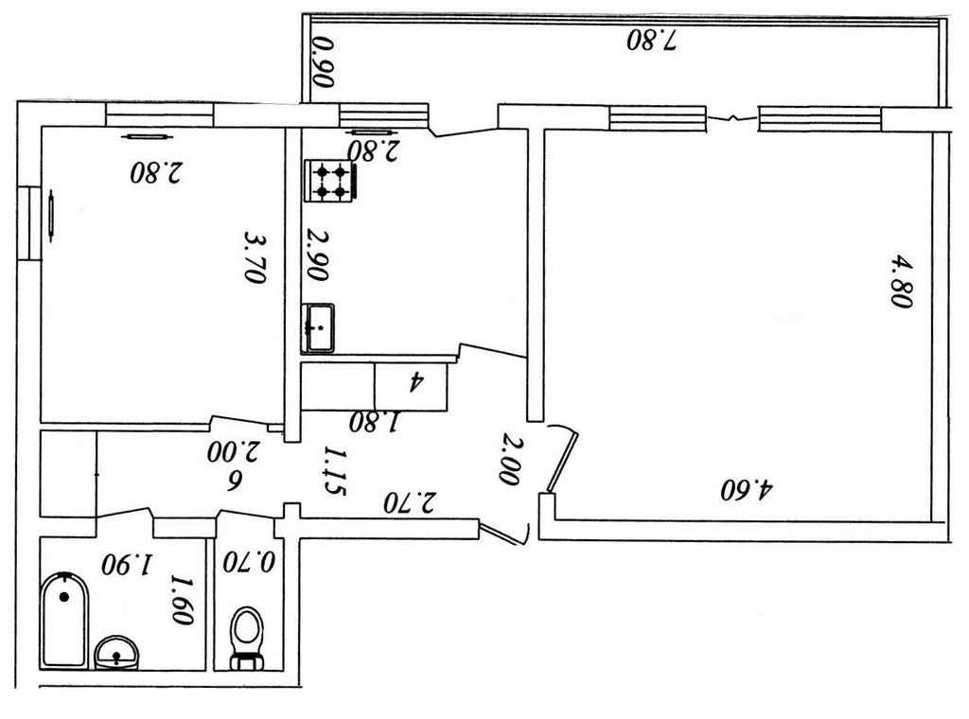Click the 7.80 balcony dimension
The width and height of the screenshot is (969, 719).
tap(653, 41)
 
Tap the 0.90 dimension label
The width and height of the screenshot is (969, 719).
tap(323, 61)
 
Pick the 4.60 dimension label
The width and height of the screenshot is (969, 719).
tap(747, 490)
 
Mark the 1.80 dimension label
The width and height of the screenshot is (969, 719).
tap(375, 422)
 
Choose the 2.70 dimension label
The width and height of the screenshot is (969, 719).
tap(409, 501)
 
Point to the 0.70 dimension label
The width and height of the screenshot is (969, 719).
tap(249, 562)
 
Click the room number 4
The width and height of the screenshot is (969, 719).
tap(414, 382)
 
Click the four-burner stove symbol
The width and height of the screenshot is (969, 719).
tap(329, 180)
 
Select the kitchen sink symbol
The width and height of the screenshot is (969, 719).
tap(319, 327)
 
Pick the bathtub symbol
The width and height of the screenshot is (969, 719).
tap(64, 621)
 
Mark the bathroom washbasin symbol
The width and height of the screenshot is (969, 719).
tap(117, 652)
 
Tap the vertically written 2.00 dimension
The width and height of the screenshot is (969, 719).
tap(511, 459)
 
